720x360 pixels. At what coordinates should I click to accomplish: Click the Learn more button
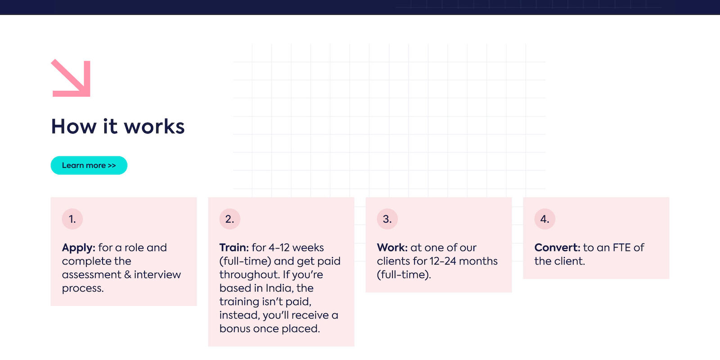pos(89,165)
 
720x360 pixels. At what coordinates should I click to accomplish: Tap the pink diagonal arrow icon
pos(71,78)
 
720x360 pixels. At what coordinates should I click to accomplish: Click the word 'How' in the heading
pos(74,126)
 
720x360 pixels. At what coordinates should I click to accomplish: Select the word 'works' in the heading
pos(154,126)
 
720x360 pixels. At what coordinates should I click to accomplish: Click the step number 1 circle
pos(72,219)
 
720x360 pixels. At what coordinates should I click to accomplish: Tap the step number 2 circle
pos(230,219)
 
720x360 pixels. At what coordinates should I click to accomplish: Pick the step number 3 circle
pos(387,219)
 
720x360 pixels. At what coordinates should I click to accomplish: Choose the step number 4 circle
pos(545,219)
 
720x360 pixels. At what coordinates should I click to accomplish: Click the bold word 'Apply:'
pos(78,248)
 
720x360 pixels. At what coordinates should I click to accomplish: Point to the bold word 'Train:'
pos(234,247)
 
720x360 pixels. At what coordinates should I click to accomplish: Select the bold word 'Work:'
pos(392,247)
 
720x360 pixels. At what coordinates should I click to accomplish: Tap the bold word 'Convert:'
pos(558,247)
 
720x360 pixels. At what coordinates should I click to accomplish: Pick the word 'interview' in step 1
pos(157,274)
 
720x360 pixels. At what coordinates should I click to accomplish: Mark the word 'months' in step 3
pos(478,261)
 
